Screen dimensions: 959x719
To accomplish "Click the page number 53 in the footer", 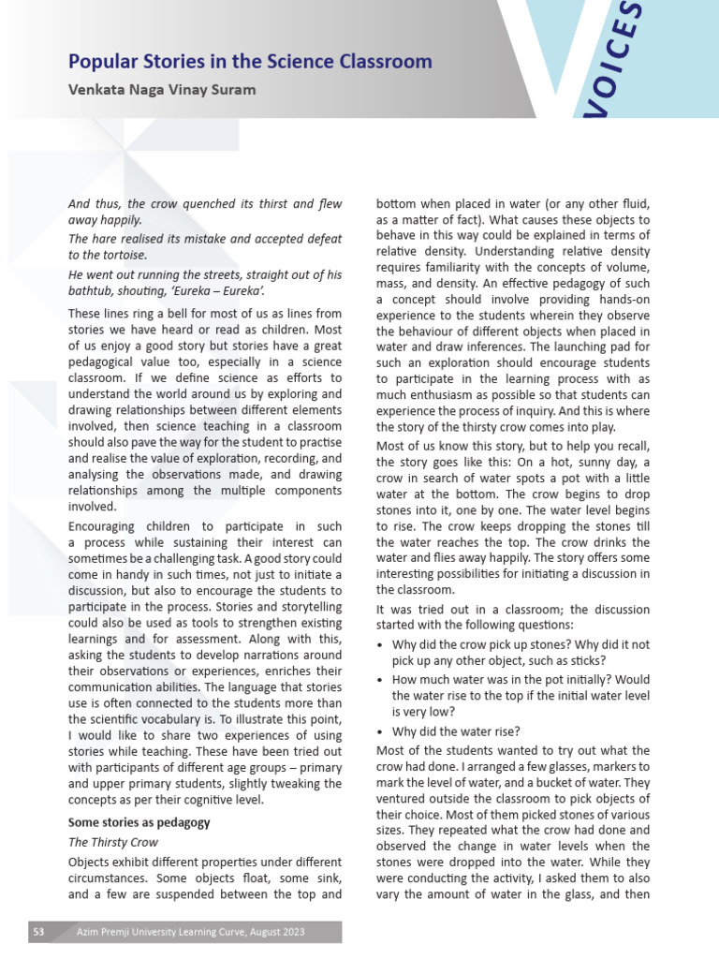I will click(39, 931).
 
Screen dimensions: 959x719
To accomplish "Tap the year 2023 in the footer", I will click(289, 931).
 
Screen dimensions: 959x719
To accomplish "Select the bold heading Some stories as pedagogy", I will click(139, 822).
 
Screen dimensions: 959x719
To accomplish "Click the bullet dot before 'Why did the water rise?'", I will click(380, 731).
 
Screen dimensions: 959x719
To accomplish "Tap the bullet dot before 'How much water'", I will click(380, 681).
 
